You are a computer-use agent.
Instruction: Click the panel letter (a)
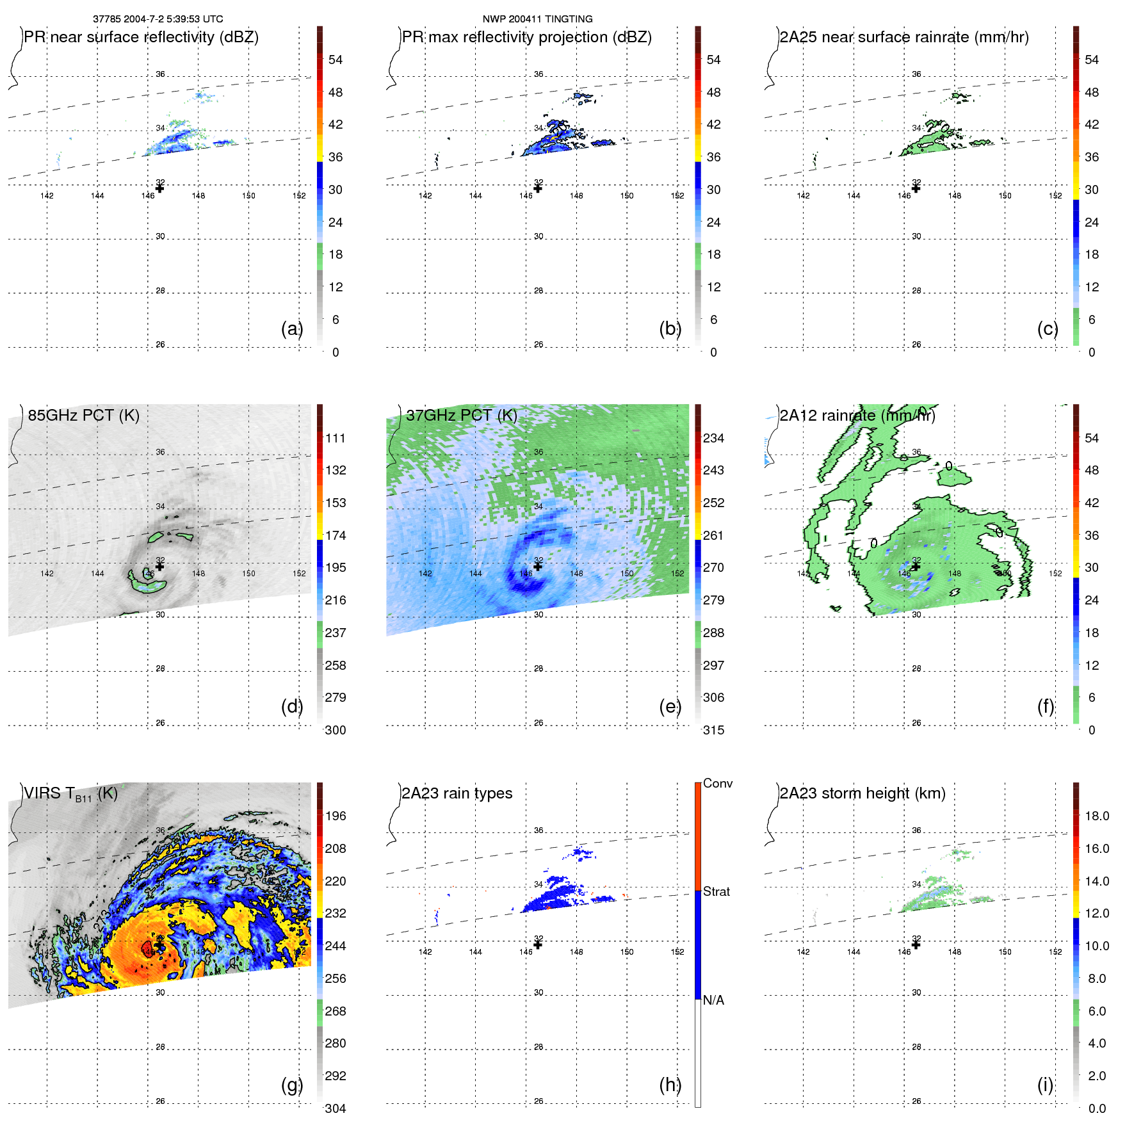[x=291, y=328]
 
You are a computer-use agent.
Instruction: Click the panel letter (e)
[x=670, y=706]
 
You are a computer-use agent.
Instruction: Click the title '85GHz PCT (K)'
[x=83, y=415]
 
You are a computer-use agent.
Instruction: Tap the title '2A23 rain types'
[x=457, y=793]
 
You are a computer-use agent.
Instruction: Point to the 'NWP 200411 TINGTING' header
[x=537, y=19]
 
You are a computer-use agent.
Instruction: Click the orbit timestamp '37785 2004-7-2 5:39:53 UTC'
[x=158, y=19]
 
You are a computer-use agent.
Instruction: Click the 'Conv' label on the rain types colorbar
[x=718, y=783]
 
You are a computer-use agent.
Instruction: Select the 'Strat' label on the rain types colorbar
[x=717, y=891]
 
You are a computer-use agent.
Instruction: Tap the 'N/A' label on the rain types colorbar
[x=713, y=1000]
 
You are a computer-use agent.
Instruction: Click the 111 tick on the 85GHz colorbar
[x=336, y=438]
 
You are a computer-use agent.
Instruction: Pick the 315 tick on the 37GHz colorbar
[x=713, y=730]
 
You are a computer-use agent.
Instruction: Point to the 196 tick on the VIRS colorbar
[x=336, y=816]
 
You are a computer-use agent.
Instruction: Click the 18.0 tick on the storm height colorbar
[x=1097, y=816]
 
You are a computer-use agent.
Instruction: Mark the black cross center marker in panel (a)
[x=159, y=188]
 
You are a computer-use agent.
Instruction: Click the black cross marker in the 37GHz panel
[x=538, y=566]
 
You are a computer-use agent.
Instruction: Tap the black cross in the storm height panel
[x=916, y=944]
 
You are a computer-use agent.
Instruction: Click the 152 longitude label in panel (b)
[x=677, y=195]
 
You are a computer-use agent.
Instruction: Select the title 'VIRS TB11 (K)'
[x=70, y=794]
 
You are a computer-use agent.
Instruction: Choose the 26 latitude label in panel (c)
[x=916, y=344]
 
